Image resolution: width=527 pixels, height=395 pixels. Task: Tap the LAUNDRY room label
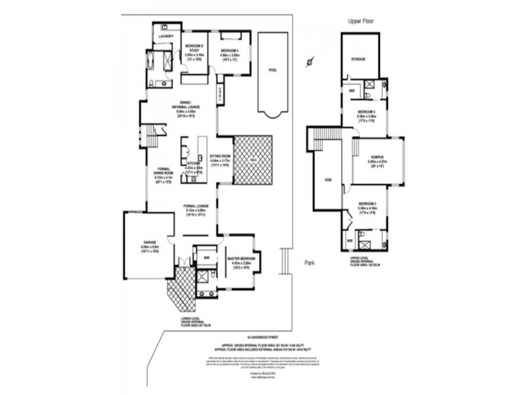[x=166, y=36]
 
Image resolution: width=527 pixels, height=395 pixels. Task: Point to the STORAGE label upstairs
[x=358, y=59]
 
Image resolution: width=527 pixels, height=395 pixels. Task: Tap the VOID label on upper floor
[x=327, y=180]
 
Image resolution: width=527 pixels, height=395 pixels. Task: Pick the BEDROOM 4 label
[x=229, y=51]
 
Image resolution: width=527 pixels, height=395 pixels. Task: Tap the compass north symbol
[x=309, y=63]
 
